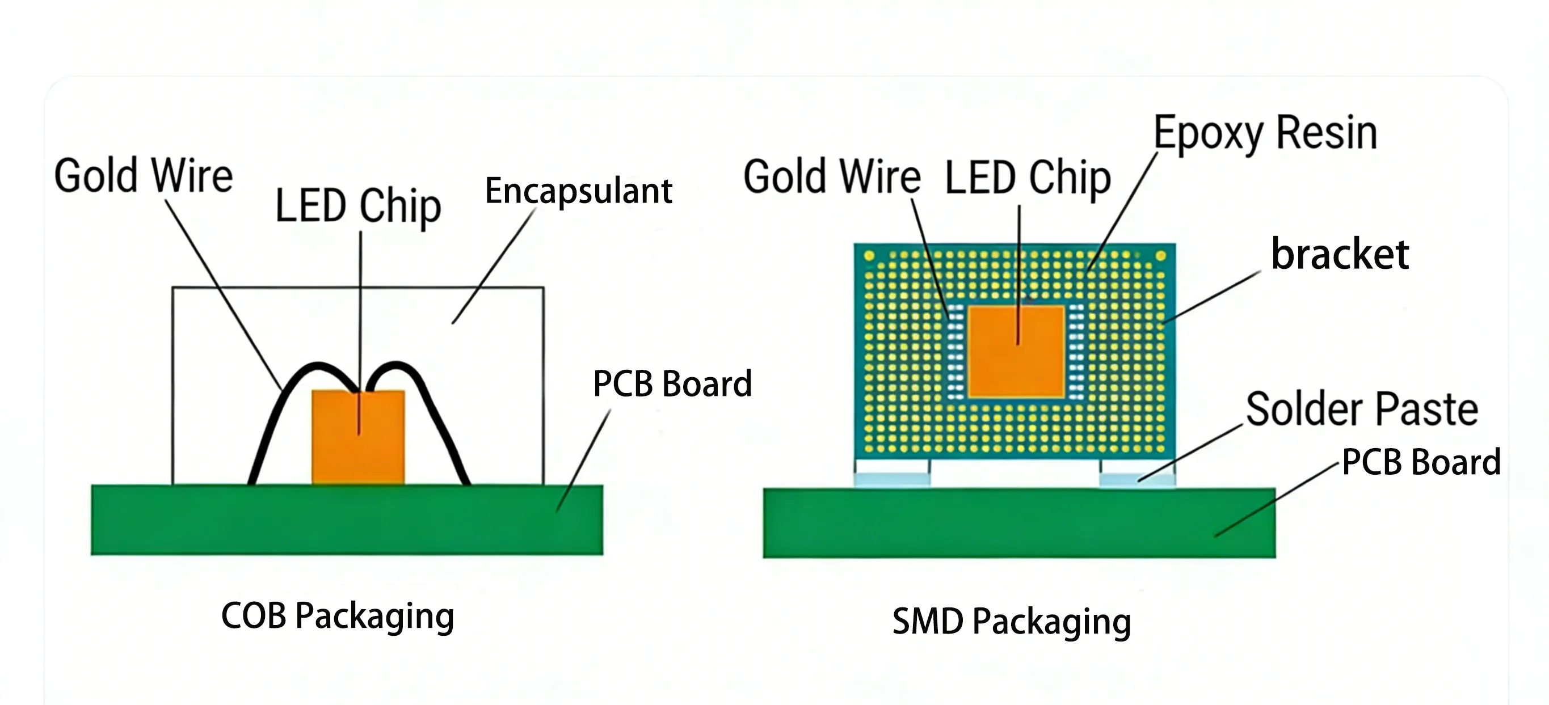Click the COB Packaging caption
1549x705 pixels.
pyautogui.click(x=338, y=616)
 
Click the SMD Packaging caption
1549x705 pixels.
pyautogui.click(x=1012, y=621)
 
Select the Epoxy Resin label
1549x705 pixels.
pyautogui.click(x=1265, y=133)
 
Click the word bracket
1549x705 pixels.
pyautogui.click(x=1340, y=254)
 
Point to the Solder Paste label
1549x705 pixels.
pyautogui.click(x=1362, y=410)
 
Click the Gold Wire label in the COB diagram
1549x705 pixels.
pyautogui.click(x=143, y=175)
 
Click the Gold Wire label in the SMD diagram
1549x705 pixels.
pyautogui.click(x=832, y=177)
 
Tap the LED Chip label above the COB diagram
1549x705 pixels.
pyautogui.click(x=358, y=205)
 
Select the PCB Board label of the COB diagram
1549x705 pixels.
pyautogui.click(x=672, y=383)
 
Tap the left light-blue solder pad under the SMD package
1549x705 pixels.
pyautogui.click(x=892, y=480)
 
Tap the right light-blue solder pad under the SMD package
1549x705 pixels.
pyautogui.click(x=1137, y=480)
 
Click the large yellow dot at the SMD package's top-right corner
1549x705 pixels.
pyautogui.click(x=1160, y=256)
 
